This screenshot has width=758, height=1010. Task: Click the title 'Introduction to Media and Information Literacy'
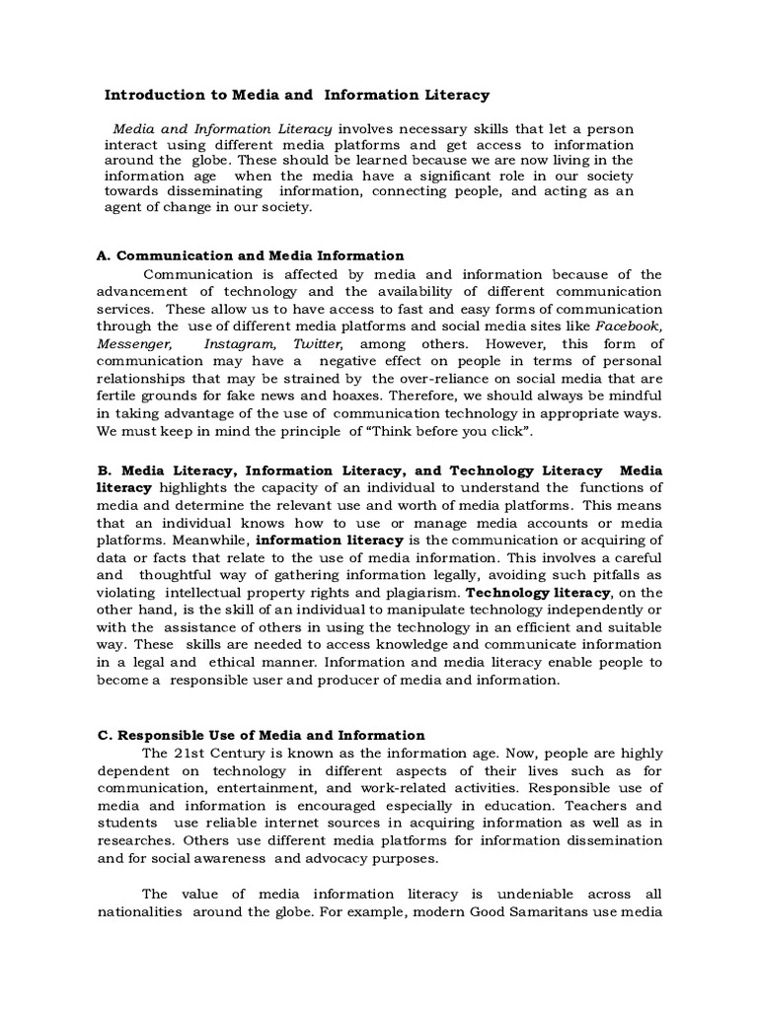pyautogui.click(x=297, y=96)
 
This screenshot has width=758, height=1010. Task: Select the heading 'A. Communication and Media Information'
pyautogui.click(x=251, y=255)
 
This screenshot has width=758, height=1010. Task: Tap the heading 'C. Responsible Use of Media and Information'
pyautogui.click(x=261, y=735)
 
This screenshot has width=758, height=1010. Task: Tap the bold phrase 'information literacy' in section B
pyautogui.click(x=330, y=540)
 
